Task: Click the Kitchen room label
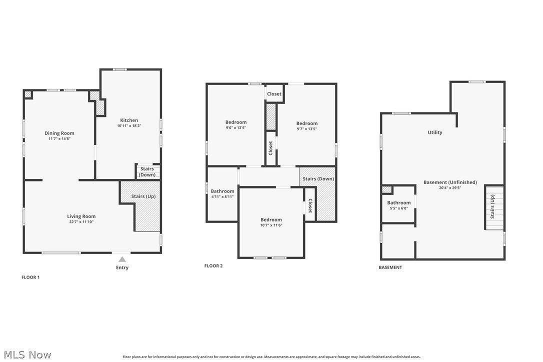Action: pos(129,120)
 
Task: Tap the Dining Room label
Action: pos(59,133)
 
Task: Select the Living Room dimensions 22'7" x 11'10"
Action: pos(81,221)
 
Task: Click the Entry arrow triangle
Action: pos(122,259)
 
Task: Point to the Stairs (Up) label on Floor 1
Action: pos(143,196)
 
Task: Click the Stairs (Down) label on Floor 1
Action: pos(147,171)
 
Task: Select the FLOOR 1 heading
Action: pos(30,277)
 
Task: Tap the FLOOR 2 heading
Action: pos(213,266)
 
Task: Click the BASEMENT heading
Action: pos(390,267)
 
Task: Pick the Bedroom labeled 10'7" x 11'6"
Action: pos(271,219)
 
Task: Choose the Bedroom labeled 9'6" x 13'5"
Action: pos(236,122)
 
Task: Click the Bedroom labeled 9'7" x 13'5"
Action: pos(306,123)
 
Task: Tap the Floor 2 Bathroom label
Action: pos(222,191)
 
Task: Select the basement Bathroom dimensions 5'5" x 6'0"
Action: pos(398,208)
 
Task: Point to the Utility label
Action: pos(435,132)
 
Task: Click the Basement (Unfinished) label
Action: pos(450,182)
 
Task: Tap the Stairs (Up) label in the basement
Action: pos(492,206)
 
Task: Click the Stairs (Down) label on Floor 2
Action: pos(318,179)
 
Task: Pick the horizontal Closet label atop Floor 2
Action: pos(274,94)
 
